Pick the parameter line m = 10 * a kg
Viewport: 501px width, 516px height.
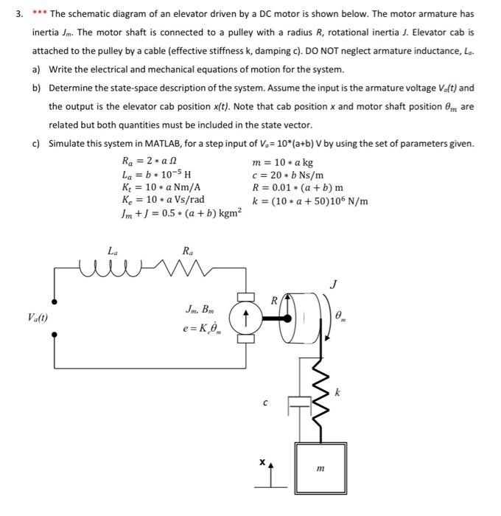[282, 162]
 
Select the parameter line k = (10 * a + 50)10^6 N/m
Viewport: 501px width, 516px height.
[309, 201]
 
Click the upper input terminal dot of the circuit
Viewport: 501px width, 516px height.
[54, 301]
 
